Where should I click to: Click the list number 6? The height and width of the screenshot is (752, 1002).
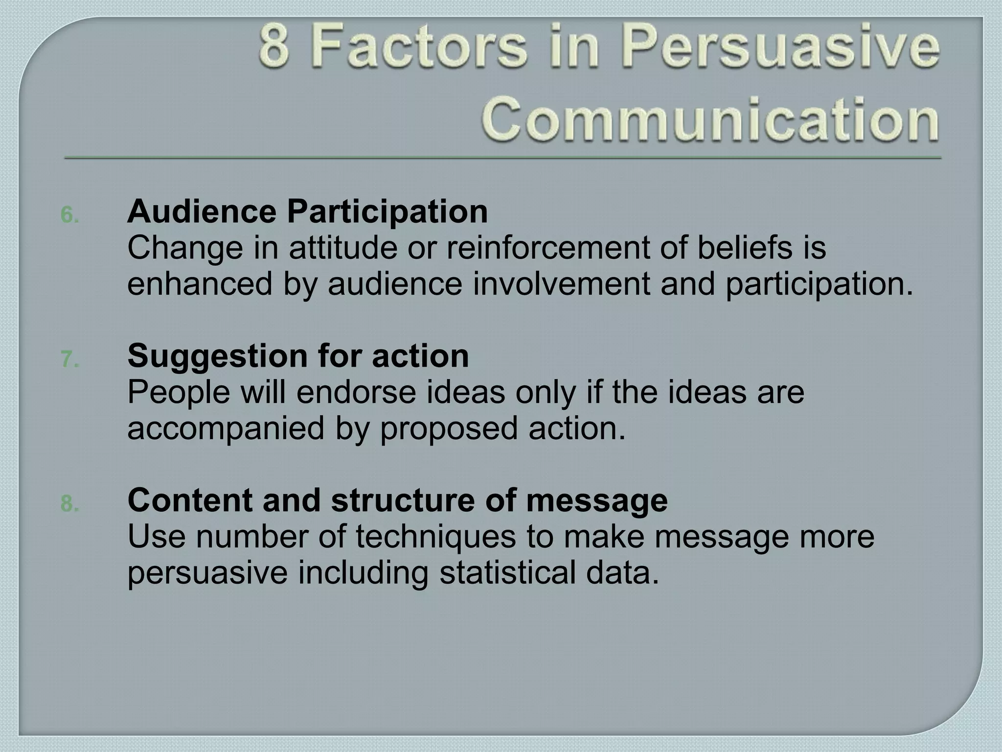pos(69,215)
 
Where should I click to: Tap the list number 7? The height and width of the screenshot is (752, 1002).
pos(69,359)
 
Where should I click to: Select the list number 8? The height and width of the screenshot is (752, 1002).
pos(69,504)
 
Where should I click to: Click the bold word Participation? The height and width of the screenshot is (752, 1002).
pos(387,212)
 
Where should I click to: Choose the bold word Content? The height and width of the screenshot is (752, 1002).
pos(190,500)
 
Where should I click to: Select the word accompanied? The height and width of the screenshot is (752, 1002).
pos(226,428)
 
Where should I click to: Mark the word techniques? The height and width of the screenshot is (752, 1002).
pos(435,537)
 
